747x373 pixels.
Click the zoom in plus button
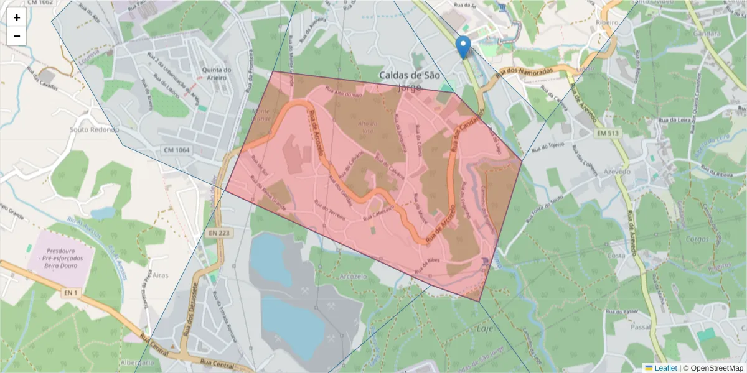[x=17, y=17]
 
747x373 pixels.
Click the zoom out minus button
[x=17, y=36]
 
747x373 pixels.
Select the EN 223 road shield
[x=218, y=233]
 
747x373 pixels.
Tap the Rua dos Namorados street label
[x=524, y=73]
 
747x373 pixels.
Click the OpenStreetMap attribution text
[x=716, y=368]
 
